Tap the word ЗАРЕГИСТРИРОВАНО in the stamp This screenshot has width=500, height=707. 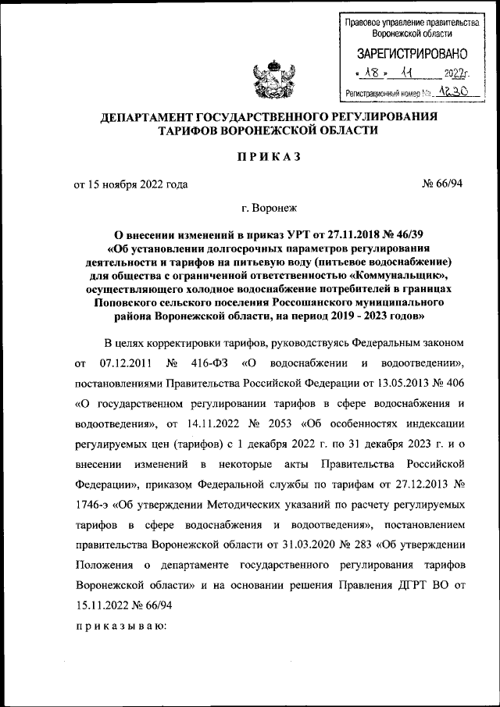pos(412,55)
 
